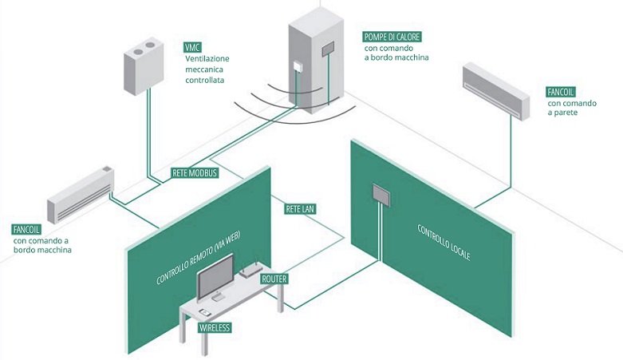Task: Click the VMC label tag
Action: point(193,46)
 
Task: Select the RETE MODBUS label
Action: point(195,172)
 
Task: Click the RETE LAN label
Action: point(300,209)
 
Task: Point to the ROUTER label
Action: point(274,279)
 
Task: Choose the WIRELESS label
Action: point(214,327)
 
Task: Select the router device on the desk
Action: point(248,271)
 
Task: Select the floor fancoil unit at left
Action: point(81,196)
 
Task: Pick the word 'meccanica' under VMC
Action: point(206,69)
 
